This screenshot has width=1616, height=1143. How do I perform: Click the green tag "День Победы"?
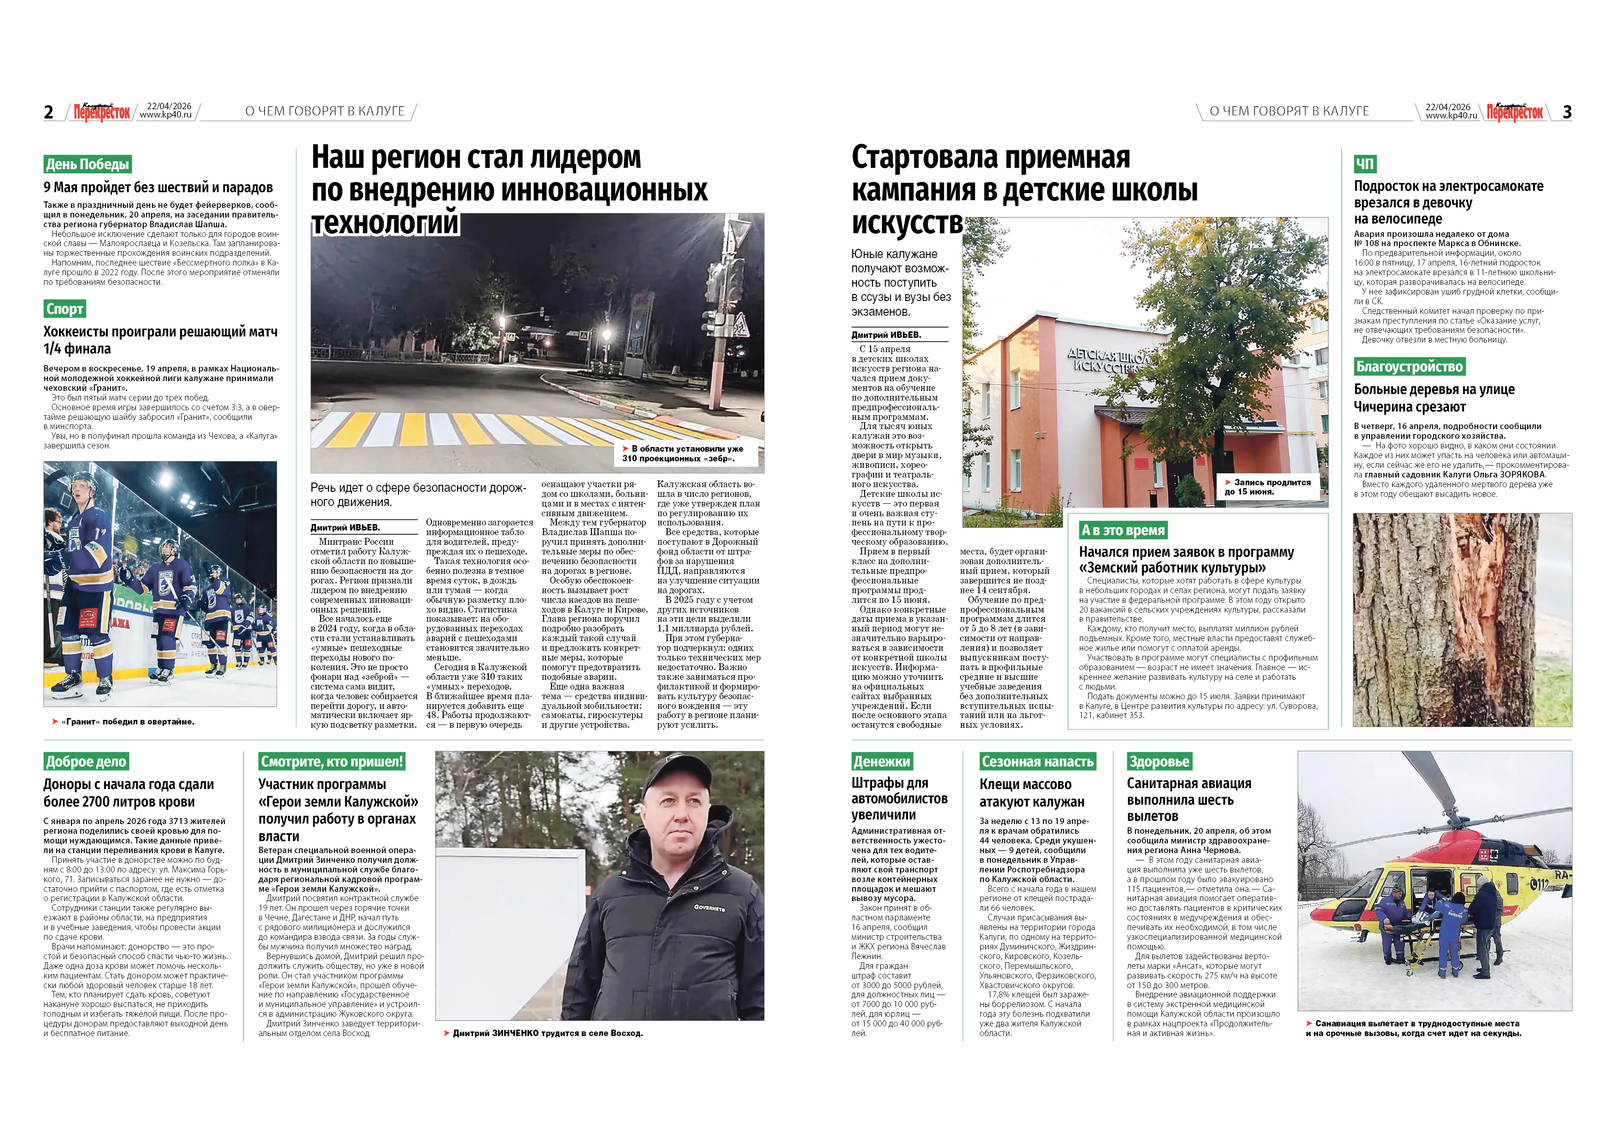(87, 164)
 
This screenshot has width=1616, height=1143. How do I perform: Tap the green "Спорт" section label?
(65, 308)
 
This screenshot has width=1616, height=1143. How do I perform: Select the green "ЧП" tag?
(1365, 164)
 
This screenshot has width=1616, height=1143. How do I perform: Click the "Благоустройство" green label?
(1409, 366)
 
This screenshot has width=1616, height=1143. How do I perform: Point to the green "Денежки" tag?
(882, 761)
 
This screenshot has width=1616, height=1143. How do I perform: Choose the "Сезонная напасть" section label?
(1037, 761)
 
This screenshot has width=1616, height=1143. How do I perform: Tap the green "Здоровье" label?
(1159, 761)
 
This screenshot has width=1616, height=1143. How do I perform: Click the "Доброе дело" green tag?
(86, 761)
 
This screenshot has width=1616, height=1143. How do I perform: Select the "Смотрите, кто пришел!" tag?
(332, 761)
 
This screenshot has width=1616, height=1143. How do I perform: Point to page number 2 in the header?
(48, 112)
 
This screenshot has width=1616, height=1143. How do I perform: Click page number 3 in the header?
(1567, 112)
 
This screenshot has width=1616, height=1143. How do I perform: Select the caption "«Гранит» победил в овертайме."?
(128, 721)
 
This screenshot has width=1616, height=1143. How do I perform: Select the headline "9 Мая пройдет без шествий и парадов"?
(158, 187)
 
